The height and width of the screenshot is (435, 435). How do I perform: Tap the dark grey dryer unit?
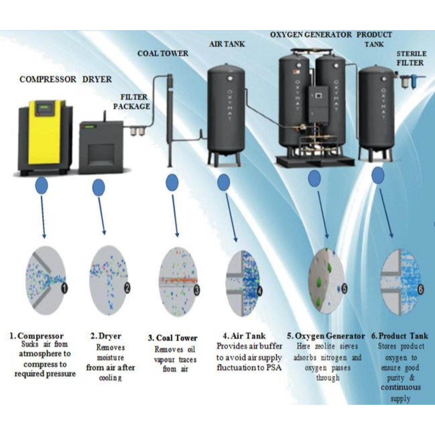101,147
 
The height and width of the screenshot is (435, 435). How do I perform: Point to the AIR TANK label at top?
226,44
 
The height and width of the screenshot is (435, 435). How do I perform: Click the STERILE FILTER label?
410,58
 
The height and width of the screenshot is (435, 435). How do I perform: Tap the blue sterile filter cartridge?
412,82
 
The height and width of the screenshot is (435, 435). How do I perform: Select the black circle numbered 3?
196,289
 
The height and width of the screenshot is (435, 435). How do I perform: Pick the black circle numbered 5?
344,288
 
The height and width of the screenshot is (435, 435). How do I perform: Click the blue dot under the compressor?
42,186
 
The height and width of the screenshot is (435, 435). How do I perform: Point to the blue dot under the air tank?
224,183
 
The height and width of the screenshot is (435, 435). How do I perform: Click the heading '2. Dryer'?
106,336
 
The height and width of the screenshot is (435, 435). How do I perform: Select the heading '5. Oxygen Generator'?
326,336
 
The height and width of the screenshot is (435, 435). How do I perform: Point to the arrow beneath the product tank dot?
385,213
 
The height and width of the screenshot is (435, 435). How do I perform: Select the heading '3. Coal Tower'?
172,338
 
